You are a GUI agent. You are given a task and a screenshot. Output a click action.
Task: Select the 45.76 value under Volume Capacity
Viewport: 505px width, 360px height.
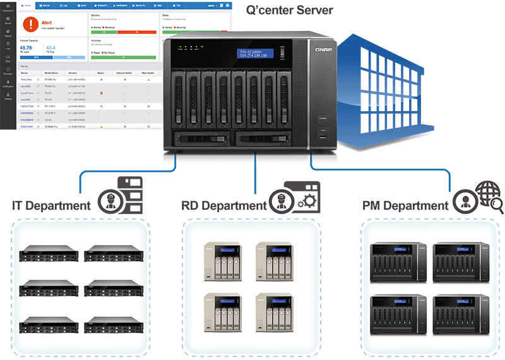(26, 47)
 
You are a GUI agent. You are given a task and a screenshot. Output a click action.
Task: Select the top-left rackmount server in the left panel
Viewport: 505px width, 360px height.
(49, 253)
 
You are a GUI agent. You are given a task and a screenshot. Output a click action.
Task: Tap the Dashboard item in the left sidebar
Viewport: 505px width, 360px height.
(8, 9)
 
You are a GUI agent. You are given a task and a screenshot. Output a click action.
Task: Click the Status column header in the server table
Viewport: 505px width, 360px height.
(100, 73)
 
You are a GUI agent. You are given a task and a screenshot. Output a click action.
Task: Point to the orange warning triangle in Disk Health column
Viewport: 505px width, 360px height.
(149, 80)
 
